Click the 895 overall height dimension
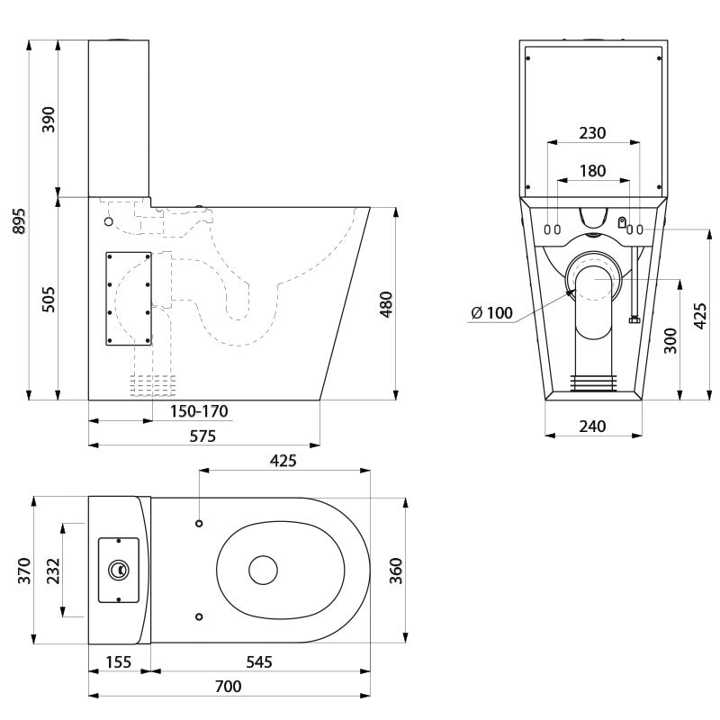[19, 220]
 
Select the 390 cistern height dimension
[49, 120]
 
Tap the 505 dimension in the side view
[49, 300]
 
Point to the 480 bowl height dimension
[386, 304]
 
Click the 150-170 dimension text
[199, 411]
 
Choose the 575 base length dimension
[202, 436]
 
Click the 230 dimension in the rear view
[592, 132]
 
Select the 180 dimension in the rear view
[592, 171]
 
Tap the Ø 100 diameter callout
[491, 312]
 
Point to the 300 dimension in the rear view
[670, 340]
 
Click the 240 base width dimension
[592, 426]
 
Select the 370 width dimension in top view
[24, 571]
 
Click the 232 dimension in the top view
[53, 571]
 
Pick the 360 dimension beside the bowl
[395, 571]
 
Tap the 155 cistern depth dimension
[119, 661]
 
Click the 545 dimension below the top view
[259, 661]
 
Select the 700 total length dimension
[229, 686]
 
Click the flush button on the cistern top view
[119, 570]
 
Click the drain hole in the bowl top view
[263, 570]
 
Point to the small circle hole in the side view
[108, 221]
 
